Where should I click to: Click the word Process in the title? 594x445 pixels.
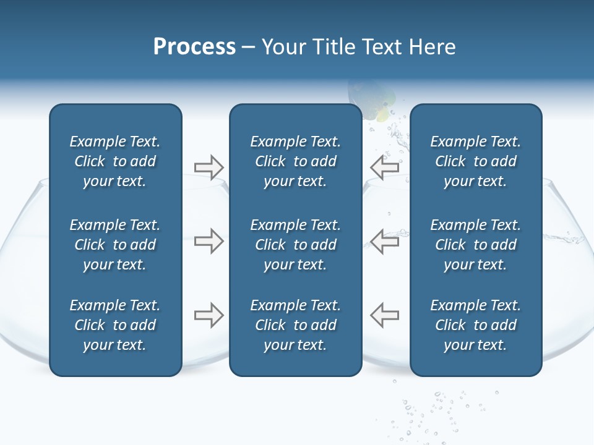[x=194, y=47]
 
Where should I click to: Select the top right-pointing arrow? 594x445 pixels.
[x=209, y=167]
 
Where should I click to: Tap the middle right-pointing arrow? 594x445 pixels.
[x=209, y=241]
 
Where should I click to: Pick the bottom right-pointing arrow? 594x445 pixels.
[x=209, y=315]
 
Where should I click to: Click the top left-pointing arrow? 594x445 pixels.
[x=385, y=167]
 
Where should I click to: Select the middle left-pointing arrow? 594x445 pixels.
[x=385, y=241]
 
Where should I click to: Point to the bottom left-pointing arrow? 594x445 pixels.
[x=385, y=315]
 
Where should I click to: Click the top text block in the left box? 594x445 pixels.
[x=115, y=161]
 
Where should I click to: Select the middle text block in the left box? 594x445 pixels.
[x=115, y=245]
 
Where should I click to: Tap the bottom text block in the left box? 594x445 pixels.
[x=115, y=325]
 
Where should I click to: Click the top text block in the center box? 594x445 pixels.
[x=295, y=161]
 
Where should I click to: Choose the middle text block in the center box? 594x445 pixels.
[x=295, y=245]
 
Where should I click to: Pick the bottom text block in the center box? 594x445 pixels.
[x=295, y=325]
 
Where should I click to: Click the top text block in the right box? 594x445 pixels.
[x=475, y=161]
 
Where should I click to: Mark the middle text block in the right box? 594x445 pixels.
[x=475, y=245]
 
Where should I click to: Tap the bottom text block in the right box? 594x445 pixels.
[x=475, y=325]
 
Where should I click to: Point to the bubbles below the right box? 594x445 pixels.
[x=439, y=408]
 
